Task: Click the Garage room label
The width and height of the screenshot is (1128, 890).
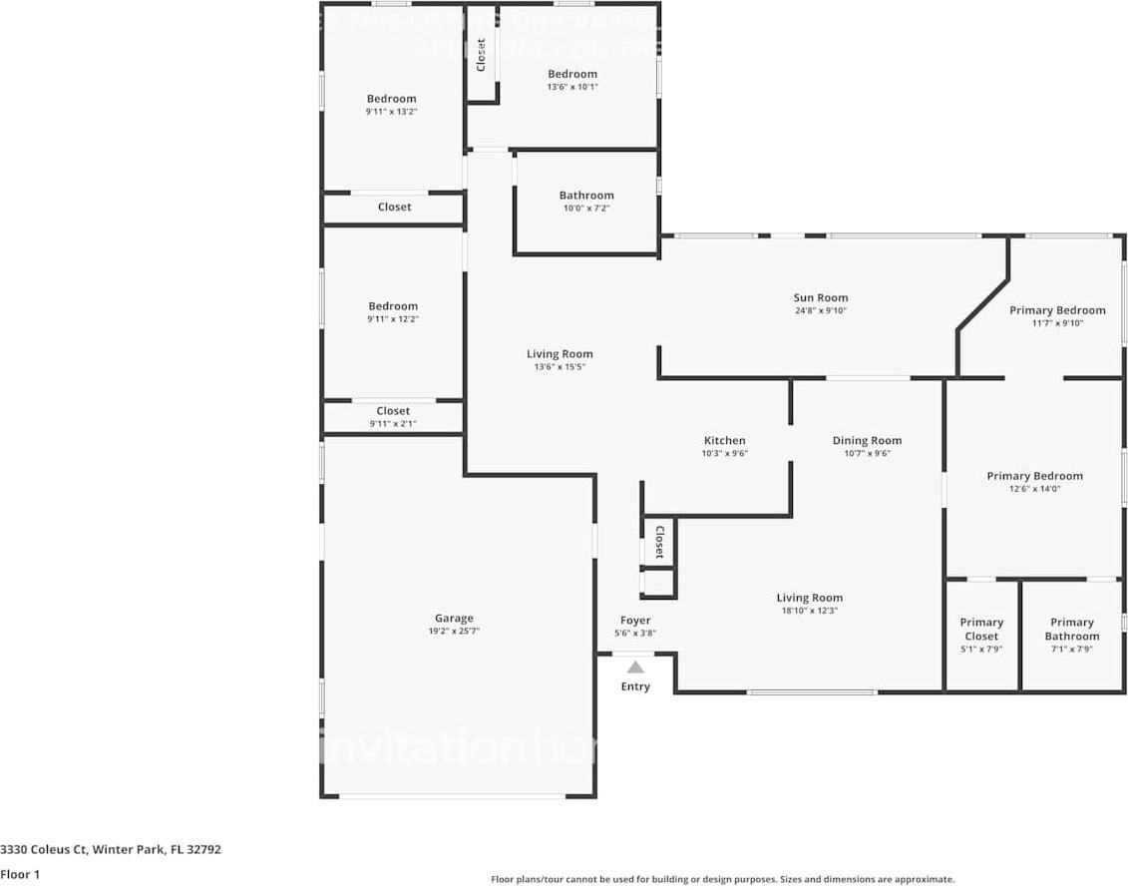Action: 453,618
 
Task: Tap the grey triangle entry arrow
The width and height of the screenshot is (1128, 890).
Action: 635,667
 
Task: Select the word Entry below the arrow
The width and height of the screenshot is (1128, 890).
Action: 635,686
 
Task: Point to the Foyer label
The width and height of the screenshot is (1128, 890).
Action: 635,621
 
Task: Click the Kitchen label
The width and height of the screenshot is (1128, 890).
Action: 724,440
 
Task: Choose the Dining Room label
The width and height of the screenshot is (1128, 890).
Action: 867,440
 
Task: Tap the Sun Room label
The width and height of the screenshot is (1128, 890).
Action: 821,297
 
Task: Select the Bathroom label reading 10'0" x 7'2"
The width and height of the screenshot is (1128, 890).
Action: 586,196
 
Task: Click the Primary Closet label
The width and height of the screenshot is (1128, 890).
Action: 981,629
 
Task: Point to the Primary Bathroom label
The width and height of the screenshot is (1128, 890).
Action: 1072,629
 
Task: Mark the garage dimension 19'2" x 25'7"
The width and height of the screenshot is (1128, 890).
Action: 453,632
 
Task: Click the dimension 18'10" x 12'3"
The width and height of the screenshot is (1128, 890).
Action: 809,611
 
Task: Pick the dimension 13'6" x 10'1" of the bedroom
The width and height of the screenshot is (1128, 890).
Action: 572,87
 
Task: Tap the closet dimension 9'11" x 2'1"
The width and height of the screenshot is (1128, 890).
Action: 393,424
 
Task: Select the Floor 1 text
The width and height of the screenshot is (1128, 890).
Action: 21,875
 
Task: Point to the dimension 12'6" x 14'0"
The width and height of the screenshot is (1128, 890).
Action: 1034,489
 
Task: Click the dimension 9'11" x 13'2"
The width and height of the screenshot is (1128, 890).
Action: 391,112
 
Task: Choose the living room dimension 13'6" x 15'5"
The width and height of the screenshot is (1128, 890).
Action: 560,366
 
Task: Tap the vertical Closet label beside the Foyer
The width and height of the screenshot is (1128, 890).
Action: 659,544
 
